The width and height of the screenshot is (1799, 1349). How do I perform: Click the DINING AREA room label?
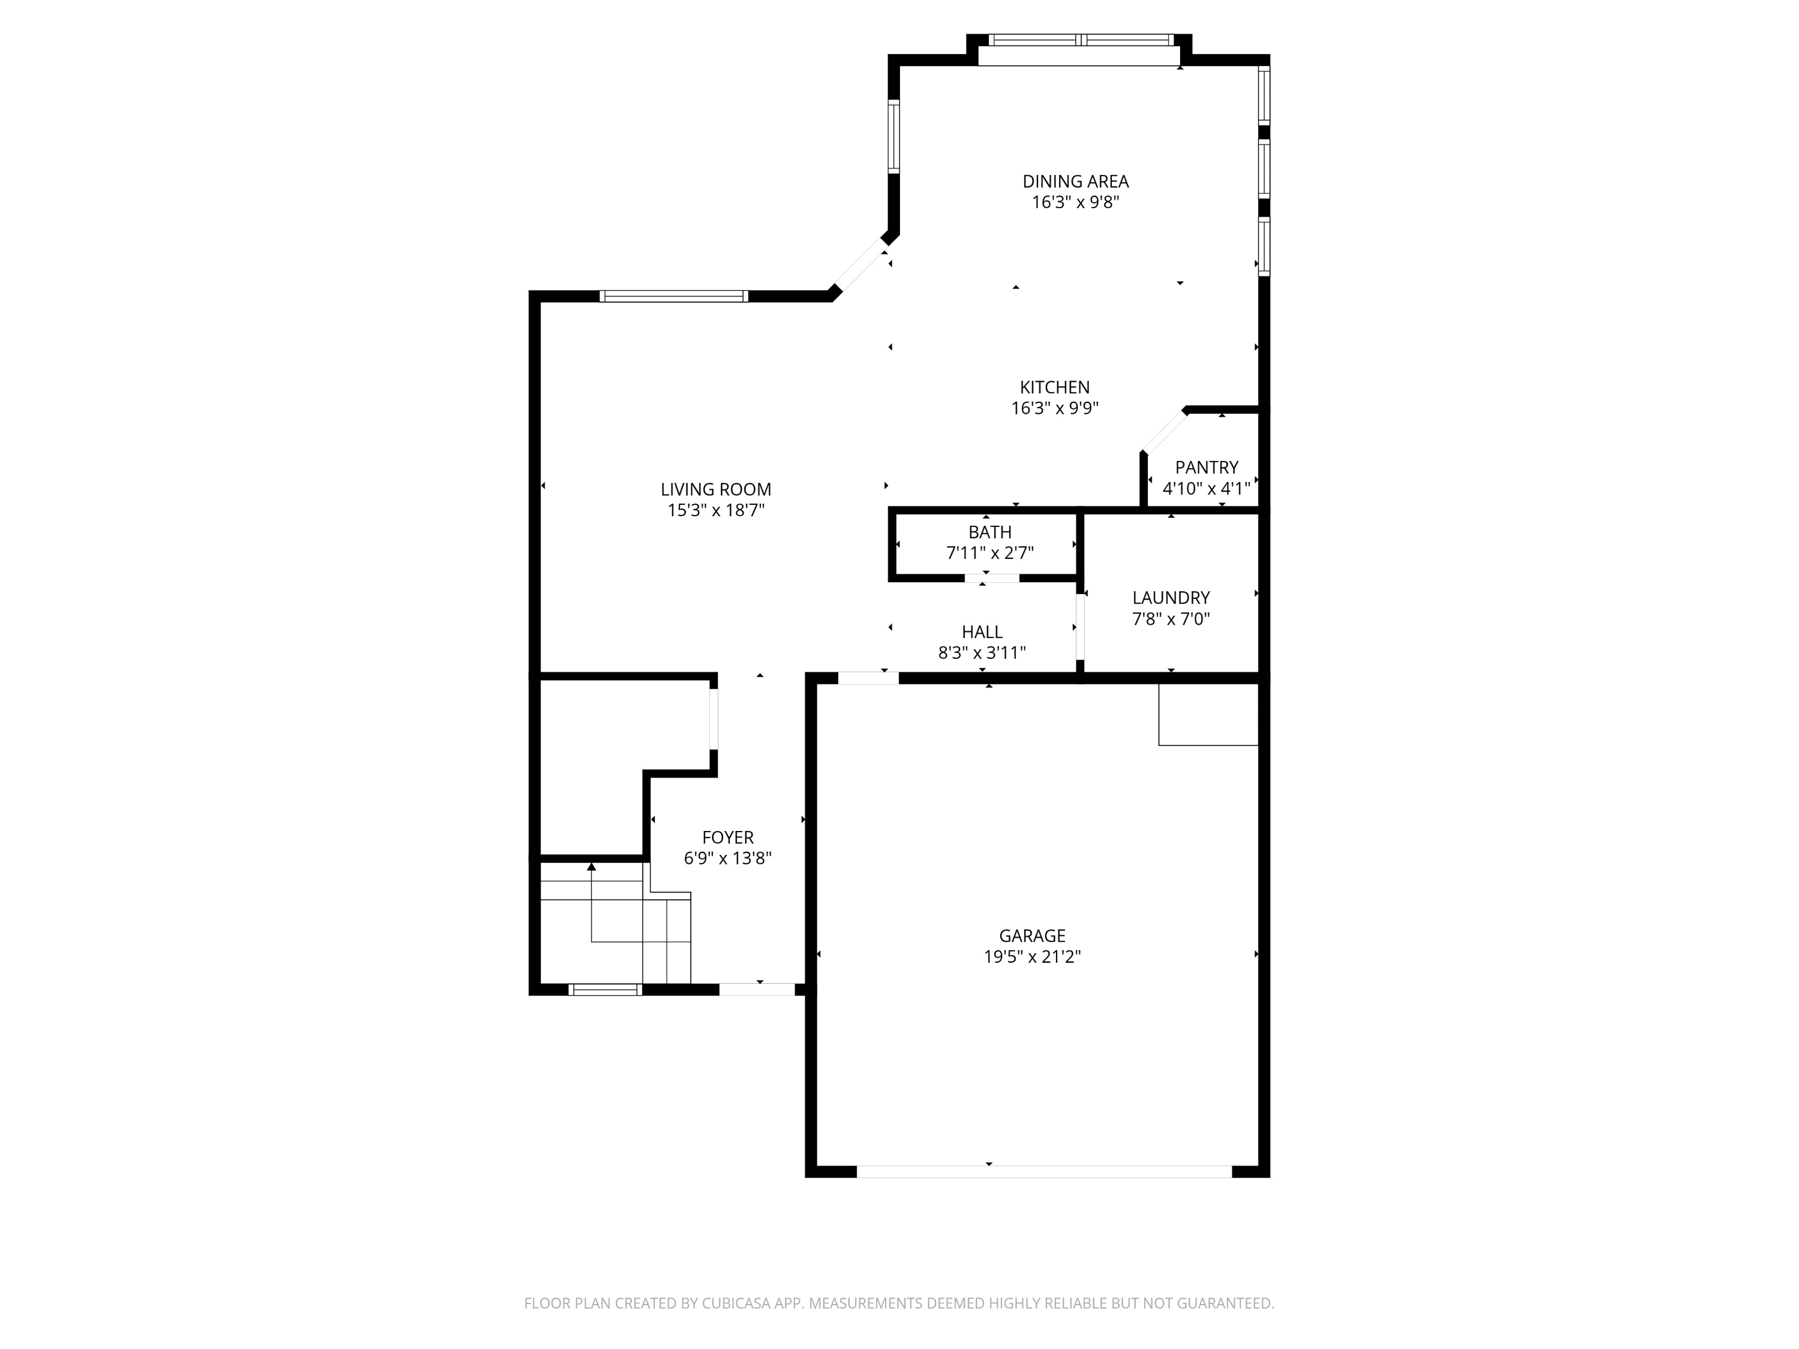pos(1075,181)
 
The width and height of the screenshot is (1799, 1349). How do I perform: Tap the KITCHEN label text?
pos(1055,387)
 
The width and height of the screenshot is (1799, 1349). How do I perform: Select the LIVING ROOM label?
pos(715,489)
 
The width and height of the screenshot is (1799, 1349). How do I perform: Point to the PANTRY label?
pos(1206,468)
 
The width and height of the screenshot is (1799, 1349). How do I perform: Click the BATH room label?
pos(990,532)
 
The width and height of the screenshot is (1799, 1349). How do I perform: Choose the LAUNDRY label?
pos(1171,598)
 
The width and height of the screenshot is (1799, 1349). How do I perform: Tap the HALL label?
pos(982,632)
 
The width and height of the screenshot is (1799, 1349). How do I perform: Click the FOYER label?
pos(728,838)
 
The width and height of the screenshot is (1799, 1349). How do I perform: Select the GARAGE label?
pos(1032,936)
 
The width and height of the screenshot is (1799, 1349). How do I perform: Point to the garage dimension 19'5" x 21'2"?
pos(1032,957)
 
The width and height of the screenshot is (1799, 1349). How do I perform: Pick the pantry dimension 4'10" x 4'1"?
pos(1206,489)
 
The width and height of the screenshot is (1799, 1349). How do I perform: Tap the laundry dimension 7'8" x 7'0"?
pos(1171,619)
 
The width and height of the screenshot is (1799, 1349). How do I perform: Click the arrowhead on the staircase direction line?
pos(591,867)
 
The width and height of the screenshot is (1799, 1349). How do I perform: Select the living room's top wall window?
pos(673,296)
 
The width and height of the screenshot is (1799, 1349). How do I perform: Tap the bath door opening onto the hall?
pos(992,578)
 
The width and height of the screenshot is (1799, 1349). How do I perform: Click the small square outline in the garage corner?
pos(1208,714)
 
